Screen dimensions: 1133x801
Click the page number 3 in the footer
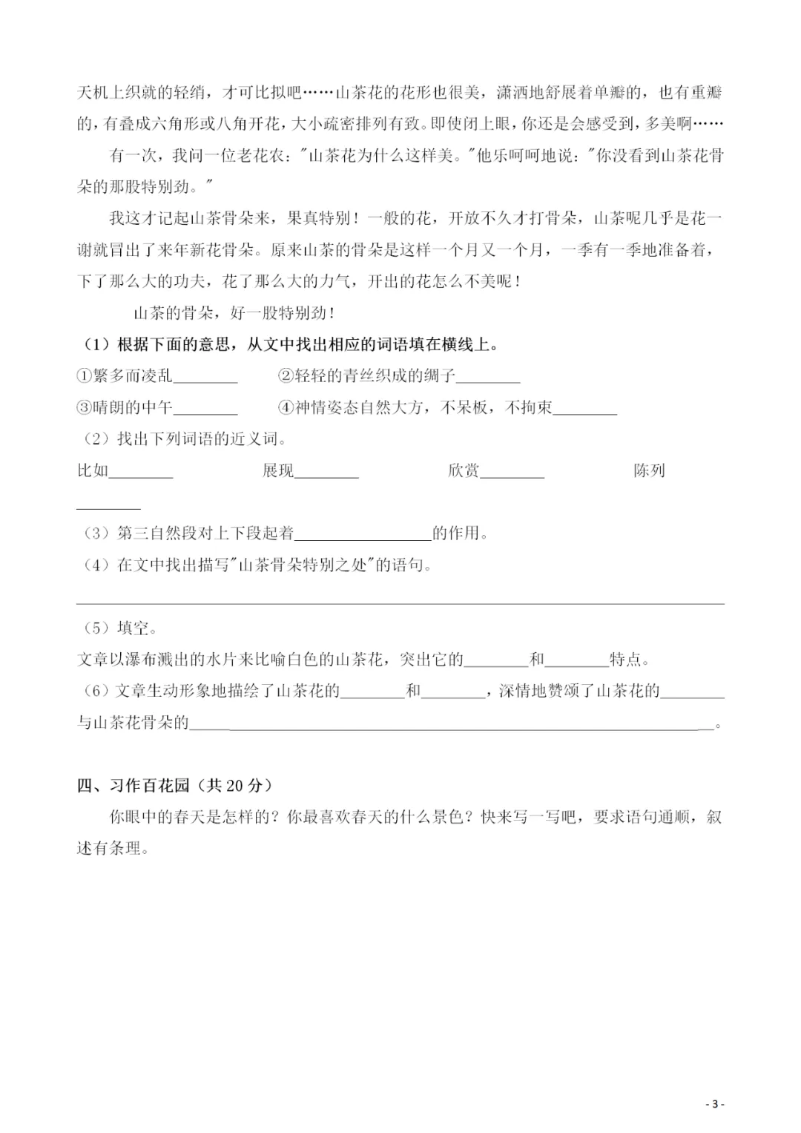pos(715,1104)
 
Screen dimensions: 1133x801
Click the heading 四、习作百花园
pos(133,785)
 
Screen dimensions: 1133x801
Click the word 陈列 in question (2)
pos(650,470)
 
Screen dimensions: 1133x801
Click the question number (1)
pos(96,344)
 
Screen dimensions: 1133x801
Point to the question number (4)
pos(96,565)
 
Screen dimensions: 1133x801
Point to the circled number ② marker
pos(286,376)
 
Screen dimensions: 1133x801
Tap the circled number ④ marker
pos(286,407)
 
